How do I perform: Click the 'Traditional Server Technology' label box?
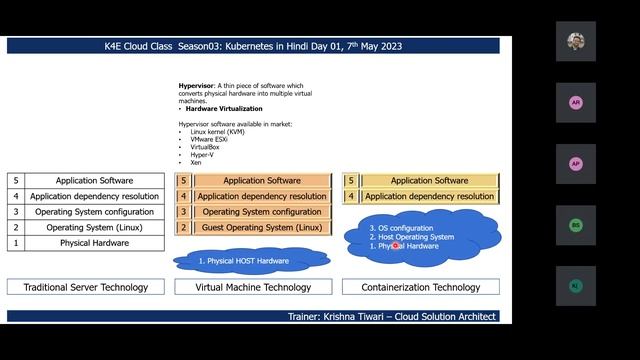[85, 287]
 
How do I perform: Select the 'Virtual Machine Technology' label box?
[252, 287]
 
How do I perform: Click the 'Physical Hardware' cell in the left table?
[95, 243]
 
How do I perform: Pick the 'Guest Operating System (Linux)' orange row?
[261, 228]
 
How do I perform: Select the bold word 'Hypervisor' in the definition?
[197, 87]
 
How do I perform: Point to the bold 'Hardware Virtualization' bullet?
[224, 108]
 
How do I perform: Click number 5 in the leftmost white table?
[15, 181]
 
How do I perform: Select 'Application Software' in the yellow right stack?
[429, 181]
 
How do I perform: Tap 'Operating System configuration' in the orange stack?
[261, 212]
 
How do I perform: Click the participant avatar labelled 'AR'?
[575, 103]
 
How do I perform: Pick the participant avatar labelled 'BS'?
[575, 225]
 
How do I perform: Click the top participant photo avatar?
[575, 42]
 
